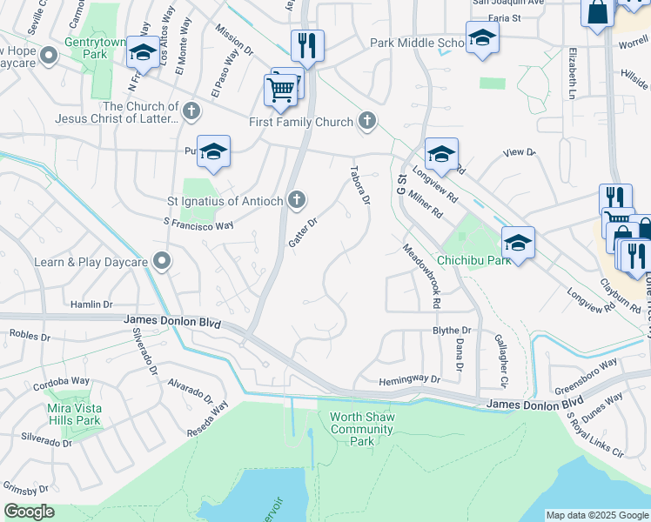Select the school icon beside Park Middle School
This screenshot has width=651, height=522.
pos(482,37)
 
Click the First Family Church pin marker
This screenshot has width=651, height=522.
pos(367,122)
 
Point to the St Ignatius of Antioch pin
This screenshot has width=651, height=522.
pos(297,201)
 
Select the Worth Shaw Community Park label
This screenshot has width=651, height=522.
pos(362,429)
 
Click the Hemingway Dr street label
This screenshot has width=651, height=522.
pos(410,379)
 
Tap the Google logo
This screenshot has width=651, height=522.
pos(29,512)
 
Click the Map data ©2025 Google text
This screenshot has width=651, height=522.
pos(596,515)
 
